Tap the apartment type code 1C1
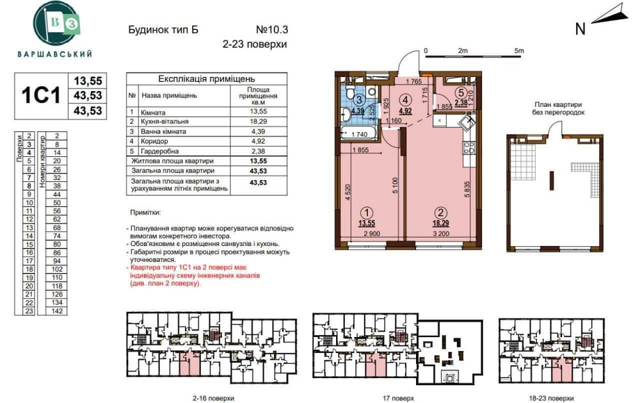click(41, 95)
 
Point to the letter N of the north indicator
click(580, 28)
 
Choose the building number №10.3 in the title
click(272, 29)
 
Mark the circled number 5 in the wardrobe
click(461, 93)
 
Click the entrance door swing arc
click(410, 61)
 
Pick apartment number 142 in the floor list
click(57, 311)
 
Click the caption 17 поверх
click(397, 398)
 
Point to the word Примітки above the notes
click(144, 212)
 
